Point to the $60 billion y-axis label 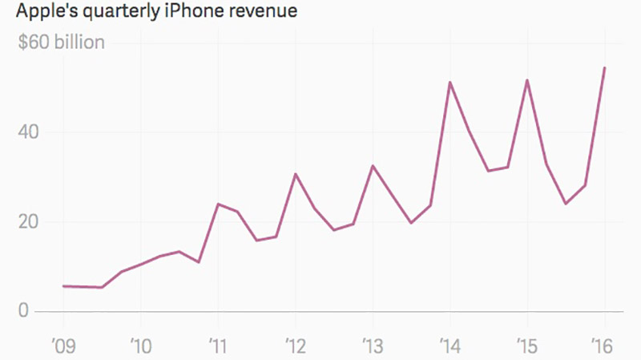(62, 42)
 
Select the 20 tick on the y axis (29, 221)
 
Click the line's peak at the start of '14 (450, 82)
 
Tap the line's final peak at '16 (604, 67)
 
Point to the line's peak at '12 (295, 173)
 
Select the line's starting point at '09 (62, 285)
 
